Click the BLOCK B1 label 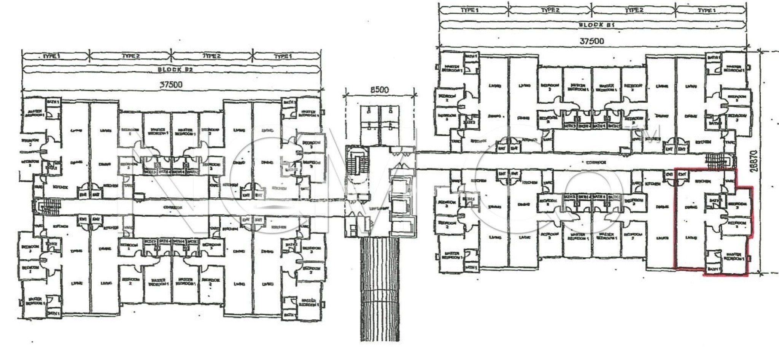pos(591,25)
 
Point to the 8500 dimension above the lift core pos(379,90)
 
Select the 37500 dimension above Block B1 pos(591,41)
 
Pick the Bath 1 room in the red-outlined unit pos(714,269)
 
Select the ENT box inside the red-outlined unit pos(682,174)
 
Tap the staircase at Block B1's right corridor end pos(717,161)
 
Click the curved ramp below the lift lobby pos(379,289)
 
